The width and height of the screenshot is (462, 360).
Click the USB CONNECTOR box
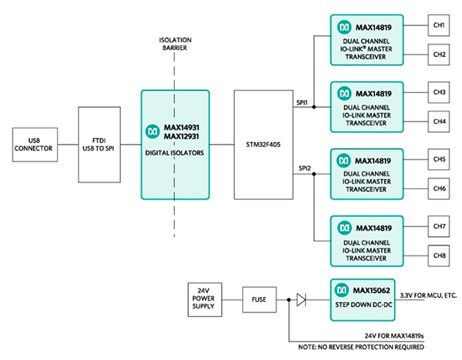point(33,144)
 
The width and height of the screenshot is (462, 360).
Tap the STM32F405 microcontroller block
point(263,144)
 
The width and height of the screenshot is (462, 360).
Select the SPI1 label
point(303,101)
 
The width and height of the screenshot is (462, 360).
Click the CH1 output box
point(440,25)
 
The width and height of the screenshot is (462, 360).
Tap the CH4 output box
point(440,121)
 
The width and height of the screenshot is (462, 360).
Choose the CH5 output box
point(440,159)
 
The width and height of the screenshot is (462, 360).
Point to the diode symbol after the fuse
point(301,299)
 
